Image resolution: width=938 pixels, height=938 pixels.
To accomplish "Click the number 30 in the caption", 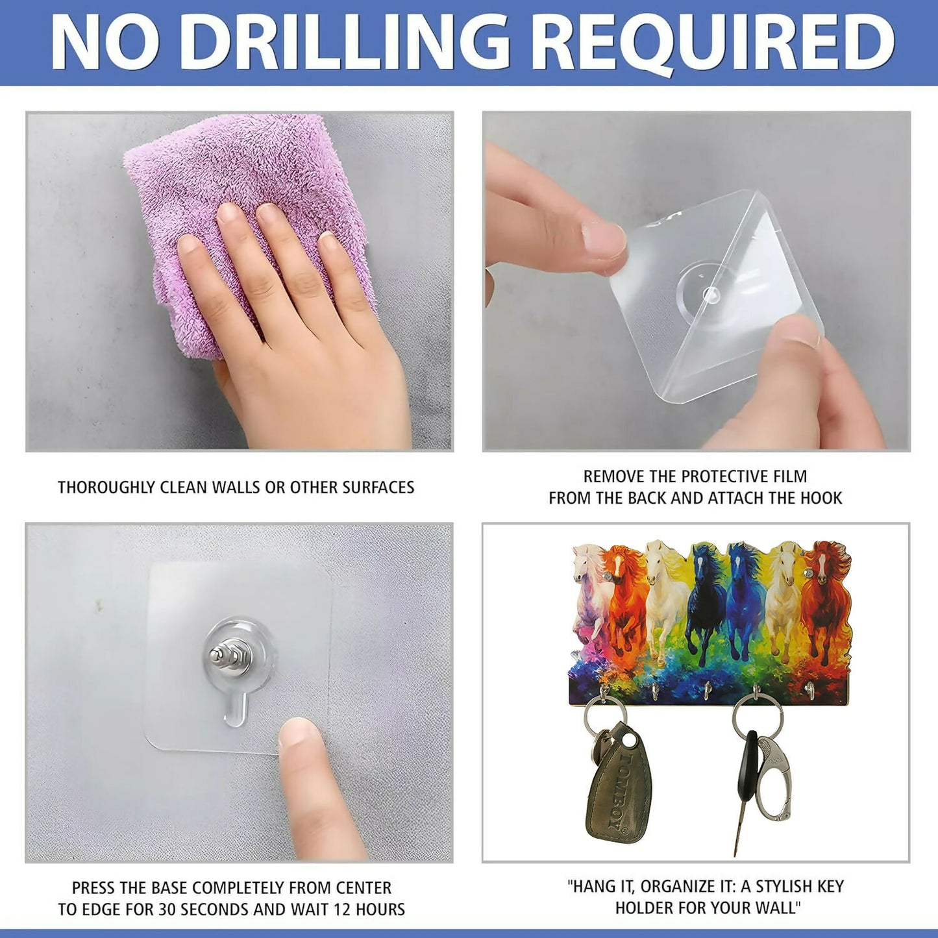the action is point(213,909).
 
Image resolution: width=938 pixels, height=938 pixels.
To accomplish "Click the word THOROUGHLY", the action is point(105,488).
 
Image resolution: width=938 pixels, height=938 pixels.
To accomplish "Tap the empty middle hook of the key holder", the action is point(707,690).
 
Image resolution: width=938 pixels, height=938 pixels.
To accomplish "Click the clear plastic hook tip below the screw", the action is point(232,712).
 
